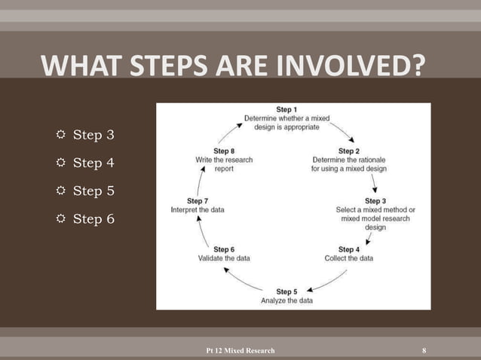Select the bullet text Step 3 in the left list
(93, 136)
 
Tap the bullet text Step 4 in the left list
(93, 163)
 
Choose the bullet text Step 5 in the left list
(93, 191)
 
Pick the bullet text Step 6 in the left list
(93, 219)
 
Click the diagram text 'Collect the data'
(348, 258)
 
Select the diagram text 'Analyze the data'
(286, 301)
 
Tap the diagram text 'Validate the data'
(224, 258)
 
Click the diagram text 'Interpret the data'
(197, 209)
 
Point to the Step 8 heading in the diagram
(224, 151)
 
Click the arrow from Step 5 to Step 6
(244, 279)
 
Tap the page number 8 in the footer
(424, 350)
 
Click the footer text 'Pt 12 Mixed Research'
(240, 350)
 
